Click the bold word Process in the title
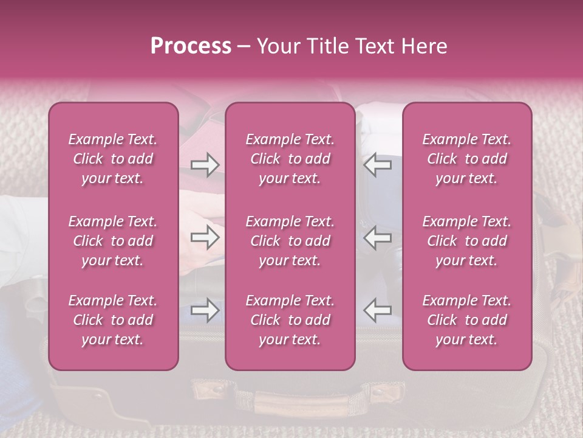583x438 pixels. (x=191, y=46)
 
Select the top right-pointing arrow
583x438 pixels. (x=205, y=165)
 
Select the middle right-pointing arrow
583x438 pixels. (x=205, y=237)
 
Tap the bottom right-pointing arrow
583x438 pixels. (x=205, y=310)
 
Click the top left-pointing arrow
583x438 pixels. (x=378, y=165)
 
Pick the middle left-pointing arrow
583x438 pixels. (x=378, y=237)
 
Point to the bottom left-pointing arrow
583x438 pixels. (x=378, y=310)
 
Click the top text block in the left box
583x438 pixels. (x=113, y=159)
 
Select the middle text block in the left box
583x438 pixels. (x=113, y=241)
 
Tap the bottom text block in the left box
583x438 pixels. (x=113, y=320)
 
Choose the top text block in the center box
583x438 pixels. (x=290, y=159)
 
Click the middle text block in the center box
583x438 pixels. (x=290, y=241)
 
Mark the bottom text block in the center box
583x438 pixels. (x=290, y=320)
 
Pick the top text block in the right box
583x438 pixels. (x=467, y=159)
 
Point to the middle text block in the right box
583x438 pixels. (x=467, y=241)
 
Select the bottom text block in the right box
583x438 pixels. (x=467, y=320)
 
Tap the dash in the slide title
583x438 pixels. (x=244, y=47)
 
